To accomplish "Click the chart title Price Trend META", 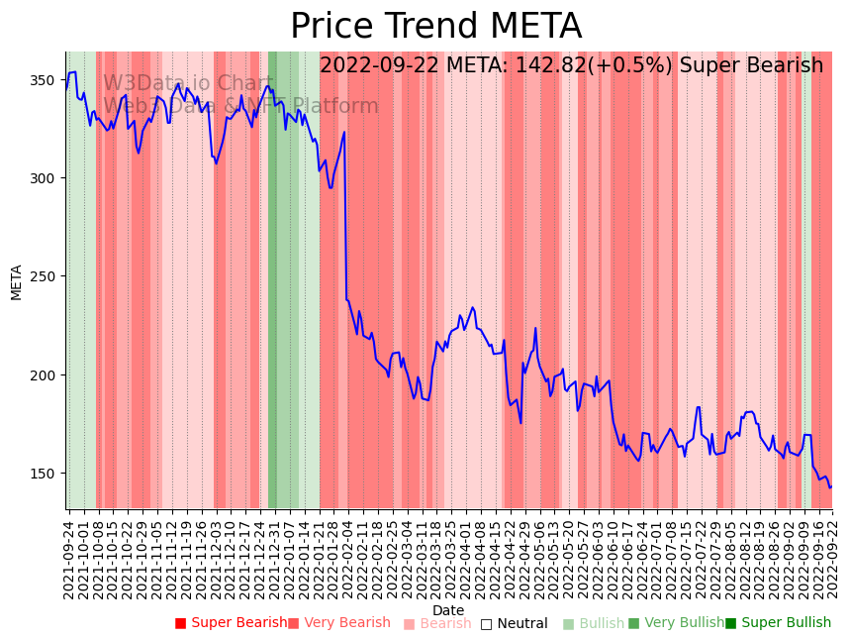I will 435,27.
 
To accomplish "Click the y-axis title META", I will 17,281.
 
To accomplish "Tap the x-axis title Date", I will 448,611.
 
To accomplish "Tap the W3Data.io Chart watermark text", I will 188,83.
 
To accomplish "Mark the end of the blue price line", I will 831,486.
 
